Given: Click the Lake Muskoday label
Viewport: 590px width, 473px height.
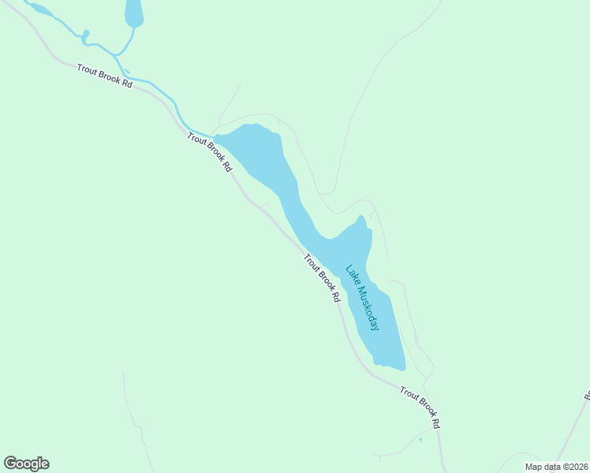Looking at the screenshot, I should [362, 297].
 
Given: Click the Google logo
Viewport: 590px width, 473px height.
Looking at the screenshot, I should [26, 464].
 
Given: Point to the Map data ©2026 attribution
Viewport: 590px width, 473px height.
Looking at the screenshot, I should [557, 467].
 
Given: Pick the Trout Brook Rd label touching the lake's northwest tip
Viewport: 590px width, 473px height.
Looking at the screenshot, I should [210, 152].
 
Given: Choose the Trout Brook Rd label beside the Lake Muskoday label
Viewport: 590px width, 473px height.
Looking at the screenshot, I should [321, 277].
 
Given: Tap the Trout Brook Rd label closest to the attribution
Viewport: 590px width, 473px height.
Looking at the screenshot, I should [419, 407].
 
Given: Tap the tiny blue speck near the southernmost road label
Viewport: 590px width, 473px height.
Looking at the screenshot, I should [420, 439].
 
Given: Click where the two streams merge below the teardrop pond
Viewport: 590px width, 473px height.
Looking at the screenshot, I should [118, 54].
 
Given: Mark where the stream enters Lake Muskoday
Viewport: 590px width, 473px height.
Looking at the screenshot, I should [215, 136].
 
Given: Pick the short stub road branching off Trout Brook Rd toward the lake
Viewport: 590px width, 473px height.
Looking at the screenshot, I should [263, 204].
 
